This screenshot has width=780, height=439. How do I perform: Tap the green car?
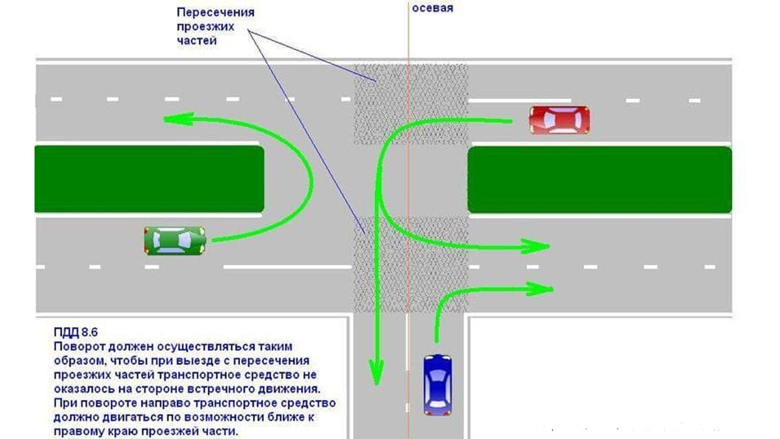click(175, 241)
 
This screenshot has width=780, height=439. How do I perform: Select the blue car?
click(437, 384)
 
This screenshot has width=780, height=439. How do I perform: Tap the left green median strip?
click(149, 179)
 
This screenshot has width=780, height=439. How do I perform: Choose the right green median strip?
click(599, 179)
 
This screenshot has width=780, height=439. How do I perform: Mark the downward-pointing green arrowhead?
click(375, 376)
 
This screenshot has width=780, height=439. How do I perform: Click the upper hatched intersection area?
click(409, 104)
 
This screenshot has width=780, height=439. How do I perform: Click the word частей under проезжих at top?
click(197, 40)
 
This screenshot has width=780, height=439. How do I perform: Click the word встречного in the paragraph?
click(225, 389)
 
